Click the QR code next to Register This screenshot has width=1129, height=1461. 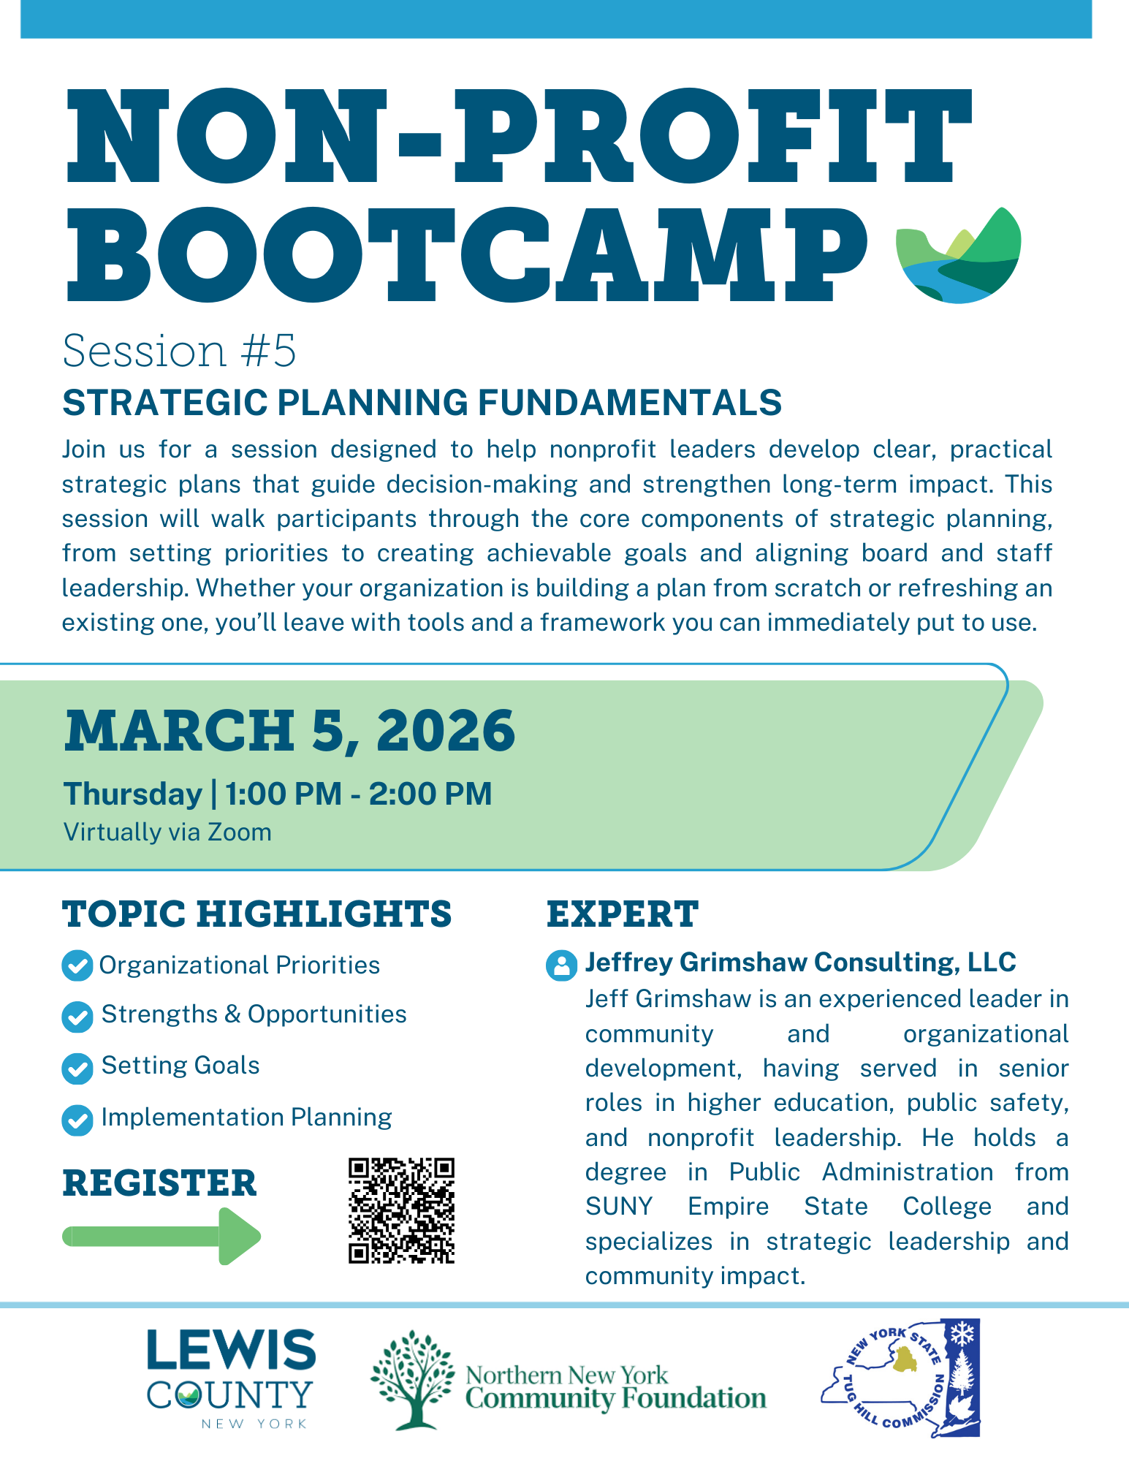click(x=401, y=1210)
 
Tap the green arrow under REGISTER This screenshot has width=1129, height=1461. click(x=161, y=1236)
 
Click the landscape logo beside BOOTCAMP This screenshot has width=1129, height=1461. click(x=958, y=255)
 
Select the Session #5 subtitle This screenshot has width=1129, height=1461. click(x=179, y=351)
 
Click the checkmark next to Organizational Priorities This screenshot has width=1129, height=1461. click(x=77, y=965)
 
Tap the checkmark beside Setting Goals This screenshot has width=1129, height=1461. click(x=77, y=1068)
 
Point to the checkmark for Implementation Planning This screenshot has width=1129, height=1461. click(x=77, y=1120)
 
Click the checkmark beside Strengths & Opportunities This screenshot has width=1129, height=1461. click(x=77, y=1017)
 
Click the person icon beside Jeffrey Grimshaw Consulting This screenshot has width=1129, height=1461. click(x=561, y=965)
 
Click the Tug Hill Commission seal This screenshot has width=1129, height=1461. click(x=900, y=1378)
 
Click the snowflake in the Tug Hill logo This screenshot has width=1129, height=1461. click(x=960, y=1335)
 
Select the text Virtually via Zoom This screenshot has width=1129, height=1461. click(x=167, y=832)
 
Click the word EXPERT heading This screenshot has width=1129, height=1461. click(x=623, y=914)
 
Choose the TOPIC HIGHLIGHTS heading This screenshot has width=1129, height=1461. click(x=257, y=914)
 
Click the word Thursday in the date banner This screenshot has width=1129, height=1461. click(x=133, y=794)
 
